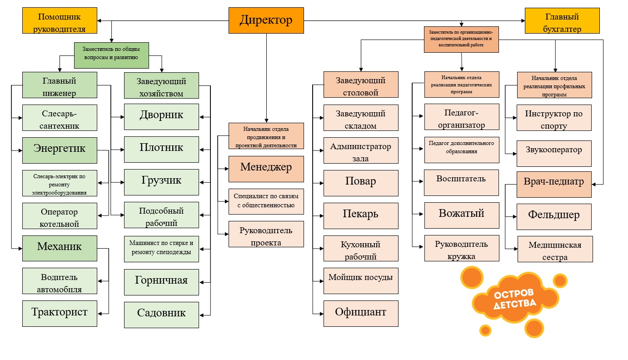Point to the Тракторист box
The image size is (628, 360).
[60, 313]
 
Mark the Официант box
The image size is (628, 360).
[361, 313]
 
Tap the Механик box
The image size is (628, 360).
[60, 248]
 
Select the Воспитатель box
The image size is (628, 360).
[461, 182]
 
